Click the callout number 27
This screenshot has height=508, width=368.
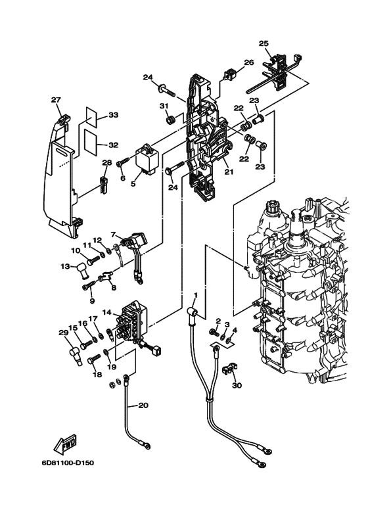point(56,100)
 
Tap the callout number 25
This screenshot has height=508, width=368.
point(264,43)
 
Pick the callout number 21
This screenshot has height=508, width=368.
point(229,172)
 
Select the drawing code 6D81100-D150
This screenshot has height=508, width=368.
point(68,463)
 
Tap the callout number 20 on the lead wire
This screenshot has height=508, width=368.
point(143,405)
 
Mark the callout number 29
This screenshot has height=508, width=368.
point(63,333)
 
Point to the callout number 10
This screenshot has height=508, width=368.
point(76,250)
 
